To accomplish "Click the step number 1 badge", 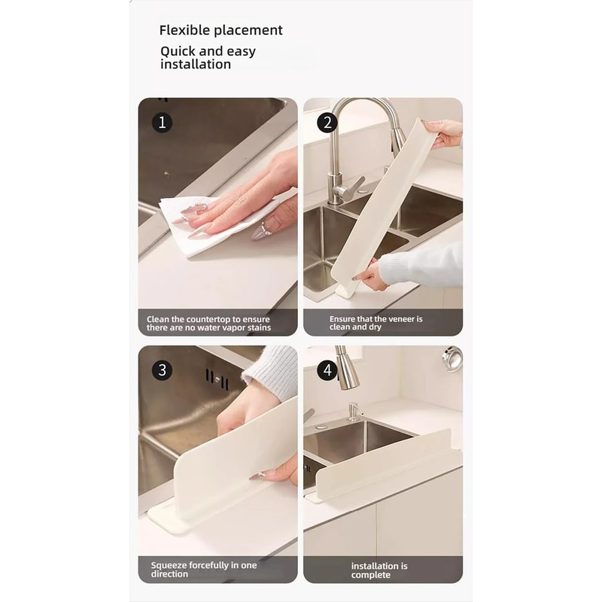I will pos(162,122).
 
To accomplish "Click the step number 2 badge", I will pos(327,122).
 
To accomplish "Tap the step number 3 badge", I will pos(162,369).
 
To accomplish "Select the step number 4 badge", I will pos(327,369).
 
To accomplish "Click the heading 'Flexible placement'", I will pos(220,30).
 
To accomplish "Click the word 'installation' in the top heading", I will pos(196,65).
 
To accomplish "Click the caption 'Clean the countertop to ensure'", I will pos(208,319).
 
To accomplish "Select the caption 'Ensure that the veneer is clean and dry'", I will pos(375,323).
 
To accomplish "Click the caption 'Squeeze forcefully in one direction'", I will pos(204,570).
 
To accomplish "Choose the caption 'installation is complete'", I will pos(379,570).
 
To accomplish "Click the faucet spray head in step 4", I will pos(347,373).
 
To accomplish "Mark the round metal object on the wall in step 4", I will pos(452,355).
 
